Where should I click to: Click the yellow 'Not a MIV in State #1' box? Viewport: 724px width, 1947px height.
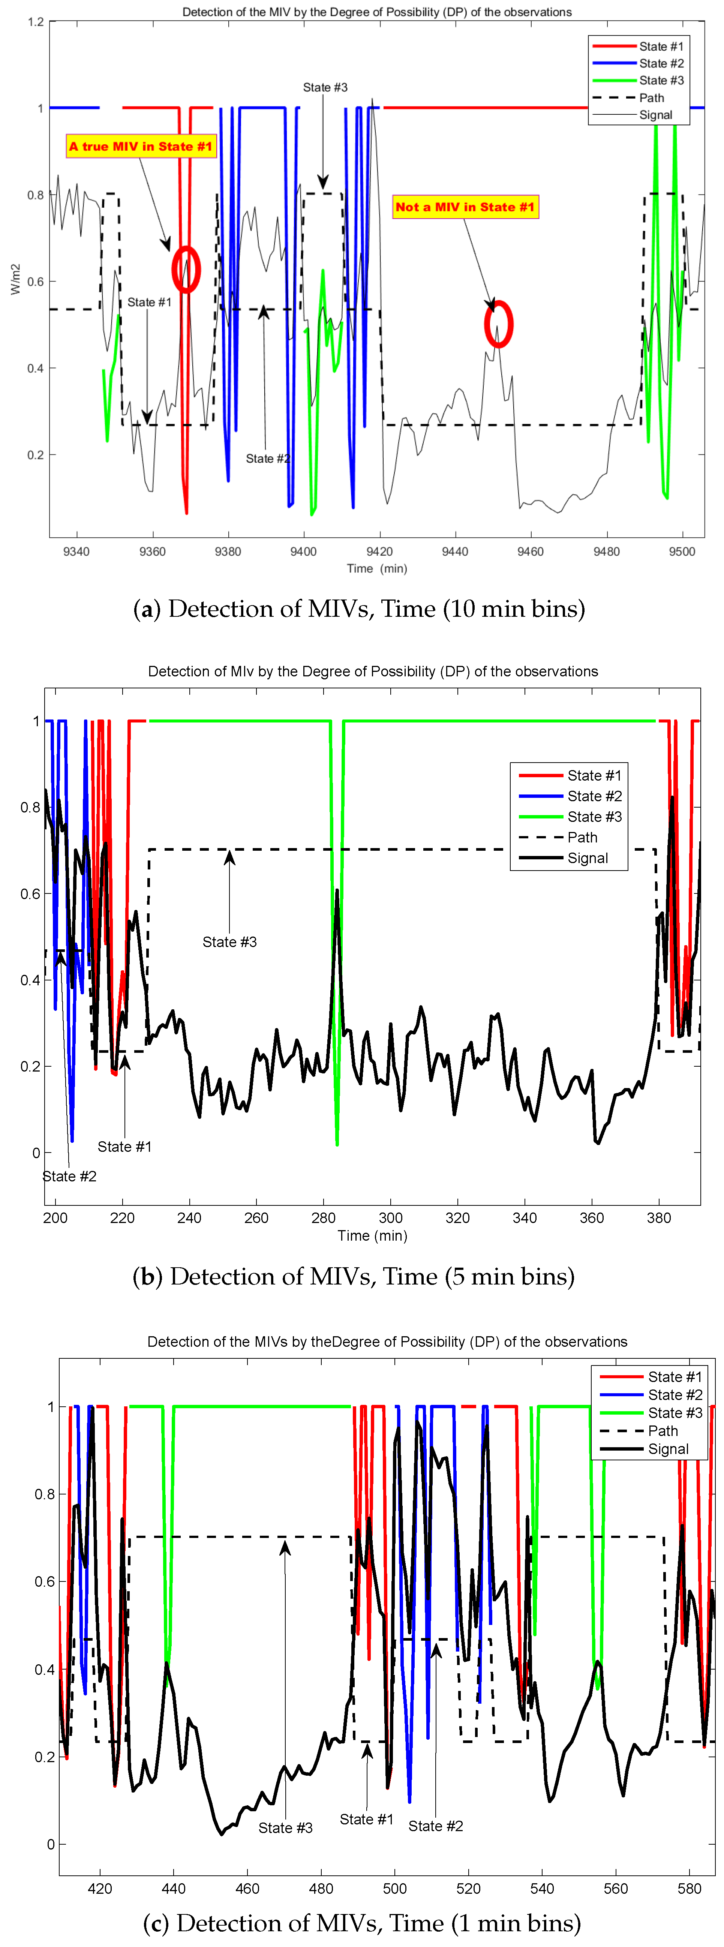(465, 207)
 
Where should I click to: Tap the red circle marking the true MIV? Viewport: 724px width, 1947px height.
(186, 269)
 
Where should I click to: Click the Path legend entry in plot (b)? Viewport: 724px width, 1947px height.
(582, 838)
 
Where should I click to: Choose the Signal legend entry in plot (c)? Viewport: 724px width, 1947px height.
(668, 1449)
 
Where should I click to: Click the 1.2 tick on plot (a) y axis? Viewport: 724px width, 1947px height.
(36, 22)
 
